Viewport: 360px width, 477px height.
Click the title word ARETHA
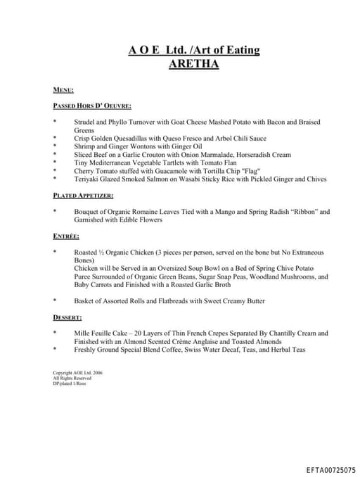point(193,64)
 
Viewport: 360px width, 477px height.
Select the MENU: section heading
point(64,91)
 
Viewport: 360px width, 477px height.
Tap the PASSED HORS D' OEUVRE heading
point(92,106)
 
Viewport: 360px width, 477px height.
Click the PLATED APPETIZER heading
point(83,196)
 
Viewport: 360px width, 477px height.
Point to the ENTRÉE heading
point(66,236)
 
